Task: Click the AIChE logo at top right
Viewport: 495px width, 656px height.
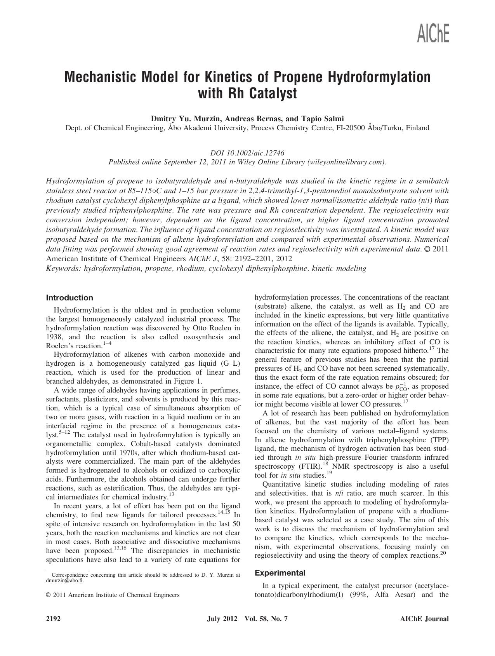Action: pos(433,33)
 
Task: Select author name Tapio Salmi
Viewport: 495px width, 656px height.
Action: pos(322,119)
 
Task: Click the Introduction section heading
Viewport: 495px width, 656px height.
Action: pos(69,298)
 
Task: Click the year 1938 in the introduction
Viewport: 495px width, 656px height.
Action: pos(54,337)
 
